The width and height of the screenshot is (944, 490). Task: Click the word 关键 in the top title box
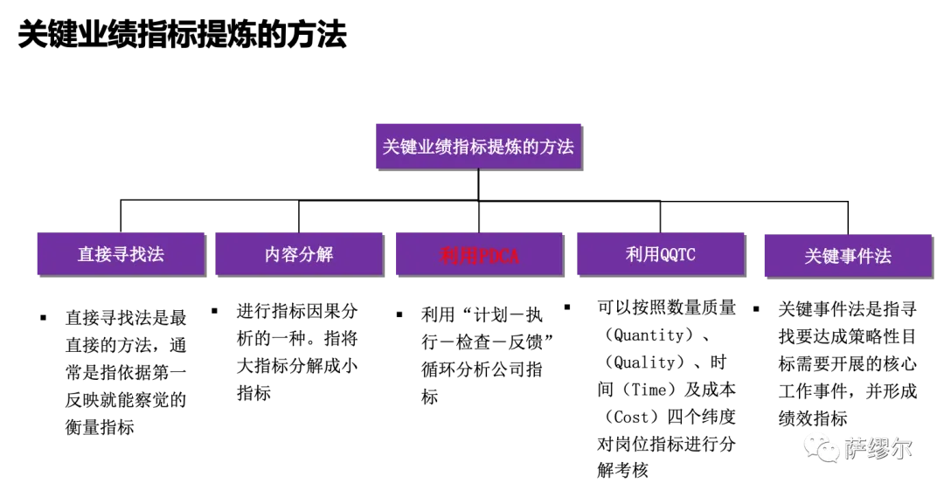[x=400, y=147]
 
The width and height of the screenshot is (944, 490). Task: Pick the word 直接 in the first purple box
[x=94, y=255]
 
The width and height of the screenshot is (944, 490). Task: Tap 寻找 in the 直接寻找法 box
[x=129, y=255]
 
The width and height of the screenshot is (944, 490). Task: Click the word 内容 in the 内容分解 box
[x=281, y=255]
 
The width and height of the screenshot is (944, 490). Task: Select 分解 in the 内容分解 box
[x=316, y=255]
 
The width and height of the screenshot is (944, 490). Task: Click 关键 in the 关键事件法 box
[x=822, y=257]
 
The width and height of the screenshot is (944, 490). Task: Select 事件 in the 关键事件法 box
[x=857, y=257]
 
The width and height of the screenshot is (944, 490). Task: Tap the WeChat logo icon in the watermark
[x=821, y=447]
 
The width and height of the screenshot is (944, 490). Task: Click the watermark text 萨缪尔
[x=878, y=448]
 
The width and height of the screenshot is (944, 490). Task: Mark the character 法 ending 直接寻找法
[x=156, y=255]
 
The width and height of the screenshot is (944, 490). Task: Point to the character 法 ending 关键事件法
[x=883, y=257]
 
